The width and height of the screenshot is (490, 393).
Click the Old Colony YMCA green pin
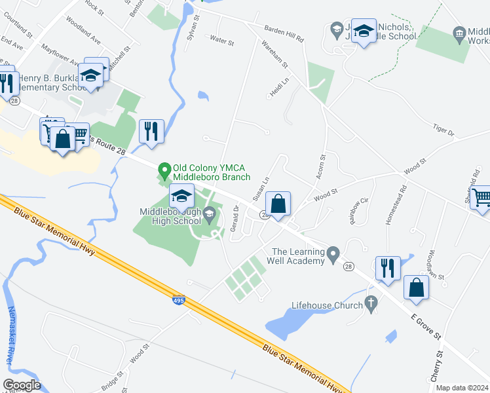point(164,172)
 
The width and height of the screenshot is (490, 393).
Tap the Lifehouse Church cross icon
point(371,304)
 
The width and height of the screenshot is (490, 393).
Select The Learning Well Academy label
point(299,256)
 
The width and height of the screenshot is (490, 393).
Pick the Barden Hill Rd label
point(284,34)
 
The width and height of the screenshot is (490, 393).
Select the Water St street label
point(221,41)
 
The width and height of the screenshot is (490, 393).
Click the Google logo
point(21,385)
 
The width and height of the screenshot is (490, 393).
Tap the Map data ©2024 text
point(462,388)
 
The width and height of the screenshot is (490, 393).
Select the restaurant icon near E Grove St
point(387,268)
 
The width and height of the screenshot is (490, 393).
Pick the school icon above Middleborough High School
point(182,195)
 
